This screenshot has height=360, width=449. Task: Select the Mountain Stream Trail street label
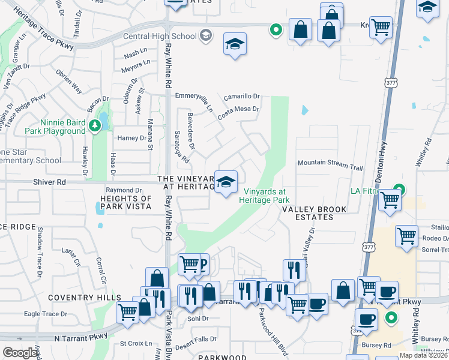click(331, 162)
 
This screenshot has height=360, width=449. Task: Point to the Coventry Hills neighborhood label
click(85, 298)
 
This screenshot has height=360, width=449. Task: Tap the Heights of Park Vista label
click(126, 202)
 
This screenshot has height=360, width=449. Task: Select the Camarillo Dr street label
click(241, 97)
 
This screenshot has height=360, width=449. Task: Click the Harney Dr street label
click(131, 138)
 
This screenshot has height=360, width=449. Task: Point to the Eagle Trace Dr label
click(45, 314)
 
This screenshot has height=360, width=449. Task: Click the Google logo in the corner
click(20, 353)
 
